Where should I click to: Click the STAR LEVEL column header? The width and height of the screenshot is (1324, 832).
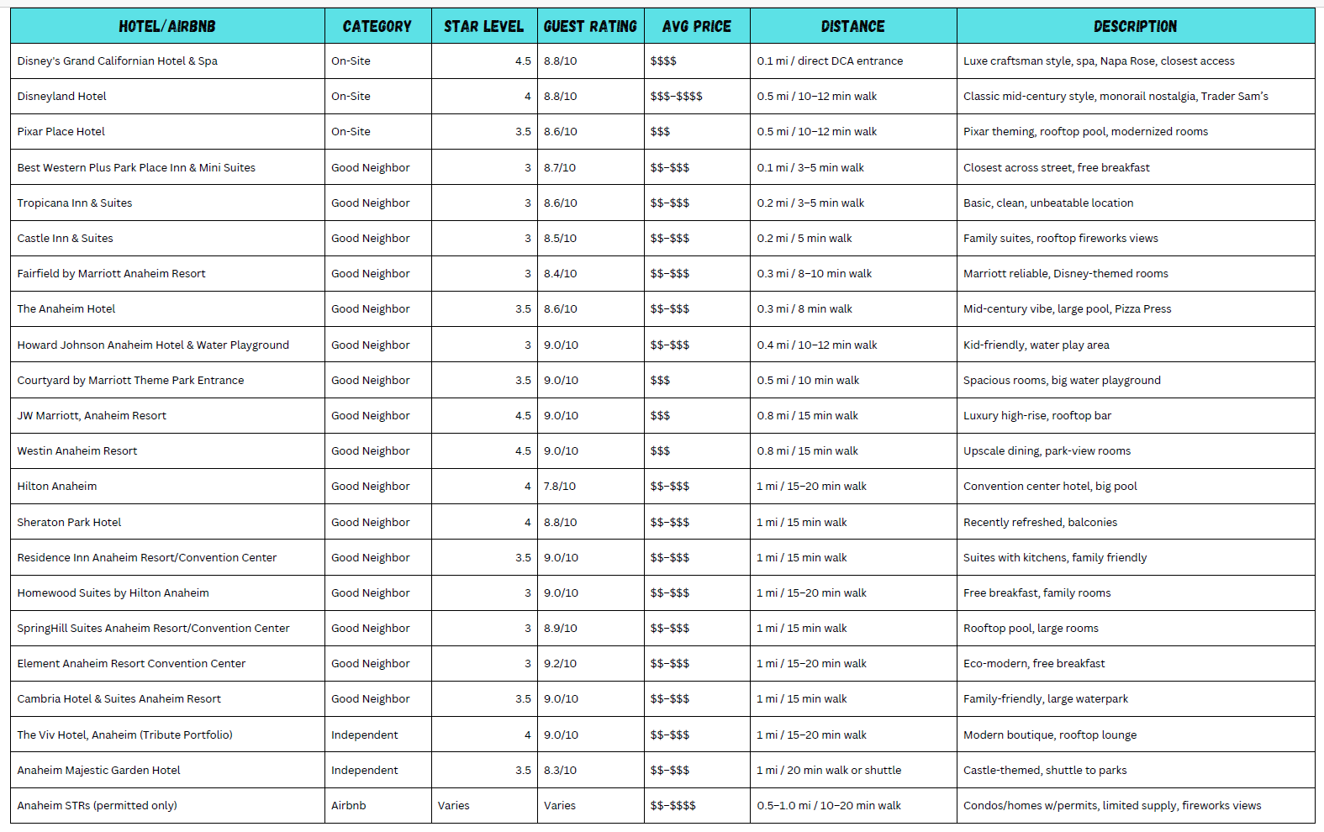(483, 26)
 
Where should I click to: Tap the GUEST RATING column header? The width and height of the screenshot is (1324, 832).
(590, 26)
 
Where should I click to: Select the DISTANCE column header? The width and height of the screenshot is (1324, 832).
(852, 26)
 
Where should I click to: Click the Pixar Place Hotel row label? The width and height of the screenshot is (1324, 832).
(61, 132)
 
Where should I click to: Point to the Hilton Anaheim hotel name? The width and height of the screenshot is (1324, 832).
(57, 487)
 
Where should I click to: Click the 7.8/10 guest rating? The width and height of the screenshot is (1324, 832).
(560, 487)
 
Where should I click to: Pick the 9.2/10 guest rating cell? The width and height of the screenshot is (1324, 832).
(560, 664)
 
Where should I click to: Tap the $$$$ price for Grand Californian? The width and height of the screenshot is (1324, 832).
(663, 61)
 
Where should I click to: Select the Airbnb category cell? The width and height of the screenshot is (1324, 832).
(349, 806)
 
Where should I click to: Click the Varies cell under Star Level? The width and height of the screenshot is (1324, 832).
(454, 806)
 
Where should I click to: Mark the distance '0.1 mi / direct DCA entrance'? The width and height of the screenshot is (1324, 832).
(830, 61)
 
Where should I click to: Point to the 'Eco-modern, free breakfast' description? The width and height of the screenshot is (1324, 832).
(1034, 664)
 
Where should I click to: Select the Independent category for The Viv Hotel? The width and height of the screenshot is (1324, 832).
(365, 735)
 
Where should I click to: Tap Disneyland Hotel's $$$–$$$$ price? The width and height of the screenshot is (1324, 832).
(676, 97)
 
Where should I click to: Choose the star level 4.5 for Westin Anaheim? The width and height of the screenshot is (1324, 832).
(523, 451)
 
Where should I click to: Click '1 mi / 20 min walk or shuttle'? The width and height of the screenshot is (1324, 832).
(829, 771)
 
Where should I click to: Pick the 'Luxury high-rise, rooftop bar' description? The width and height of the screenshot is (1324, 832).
(1037, 416)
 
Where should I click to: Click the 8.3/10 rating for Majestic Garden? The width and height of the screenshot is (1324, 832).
(560, 771)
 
